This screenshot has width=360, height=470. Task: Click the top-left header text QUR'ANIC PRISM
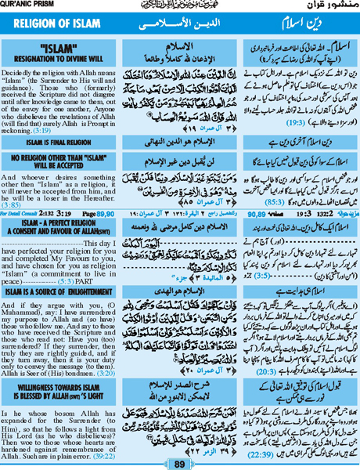click(24, 4)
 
